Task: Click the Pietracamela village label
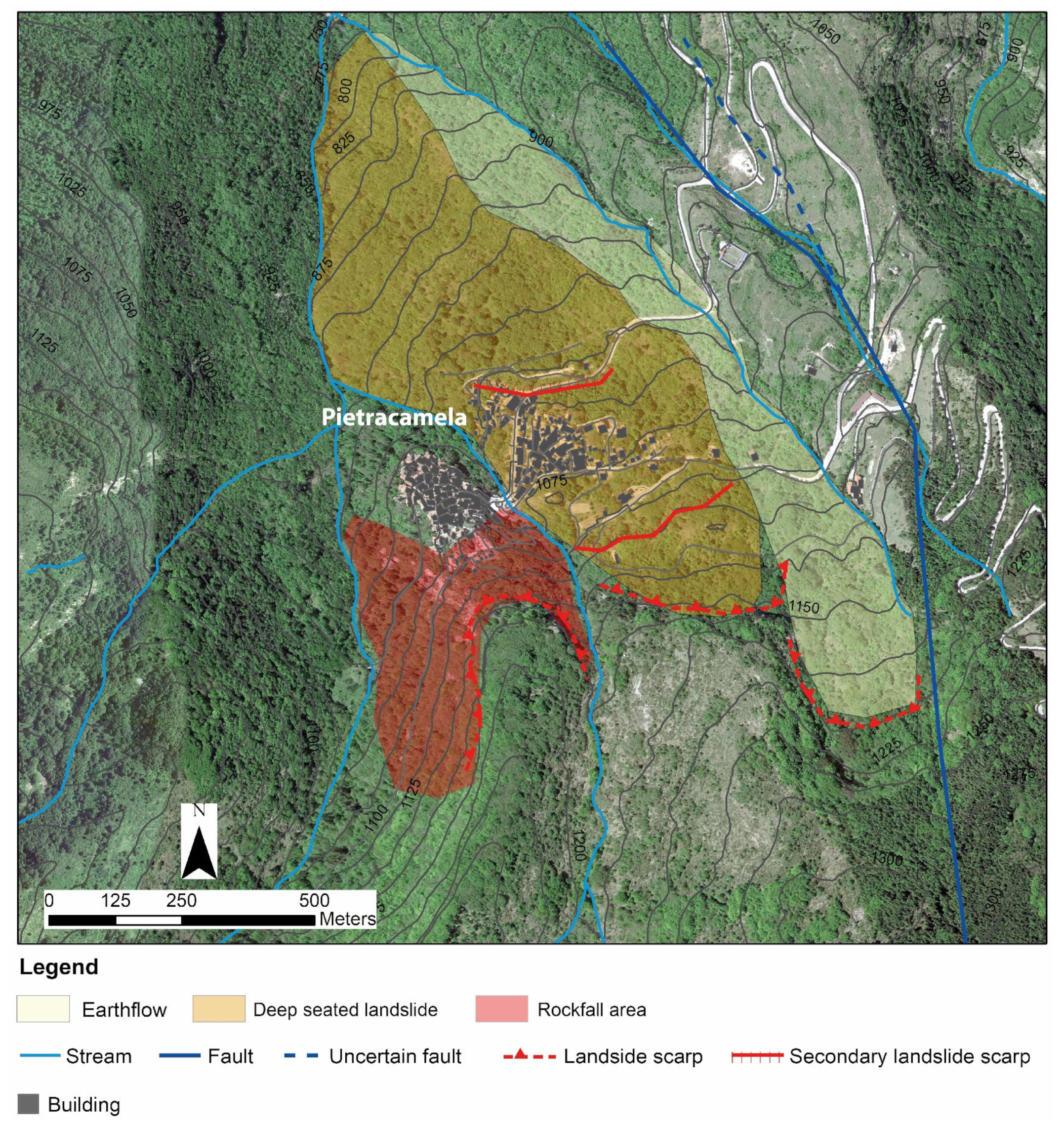tap(394, 418)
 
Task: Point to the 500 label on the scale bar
tap(314, 901)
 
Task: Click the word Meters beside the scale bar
tap(347, 919)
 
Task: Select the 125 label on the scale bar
tap(116, 901)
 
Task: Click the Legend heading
tap(59, 967)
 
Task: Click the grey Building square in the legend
tap(29, 1104)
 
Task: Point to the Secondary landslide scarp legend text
tap(909, 1056)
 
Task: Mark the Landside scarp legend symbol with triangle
tap(529, 1056)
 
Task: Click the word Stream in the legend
tap(98, 1056)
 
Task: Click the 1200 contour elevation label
tap(578, 845)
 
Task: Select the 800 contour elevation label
tap(345, 90)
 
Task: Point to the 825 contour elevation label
tap(344, 142)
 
